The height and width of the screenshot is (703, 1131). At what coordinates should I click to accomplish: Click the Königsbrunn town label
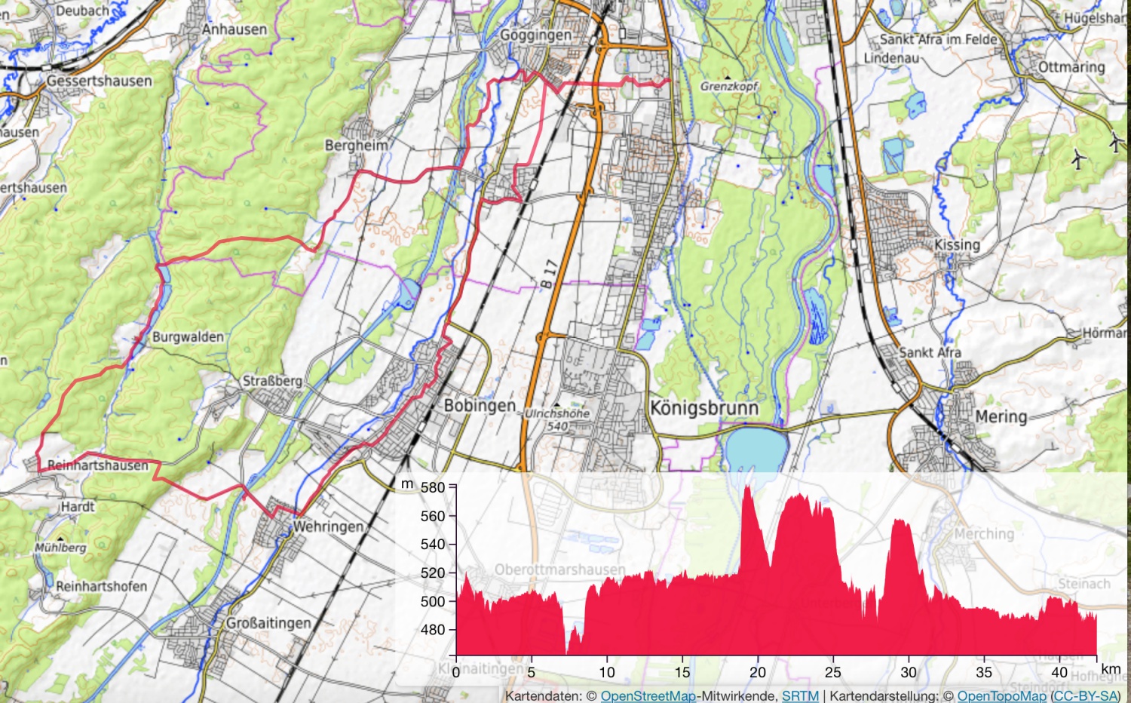click(x=703, y=408)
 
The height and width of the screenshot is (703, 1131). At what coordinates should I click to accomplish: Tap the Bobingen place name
click(x=480, y=406)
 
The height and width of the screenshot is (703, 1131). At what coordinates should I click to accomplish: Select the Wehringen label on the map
click(x=328, y=526)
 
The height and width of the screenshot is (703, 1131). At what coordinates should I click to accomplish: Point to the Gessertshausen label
click(x=99, y=81)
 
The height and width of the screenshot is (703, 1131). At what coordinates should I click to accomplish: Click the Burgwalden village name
click(x=188, y=336)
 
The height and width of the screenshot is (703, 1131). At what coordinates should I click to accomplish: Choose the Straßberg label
click(x=272, y=381)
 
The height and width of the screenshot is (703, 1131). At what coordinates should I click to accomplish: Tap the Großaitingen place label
click(x=268, y=623)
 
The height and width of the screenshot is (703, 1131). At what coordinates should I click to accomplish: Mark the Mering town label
click(x=1001, y=416)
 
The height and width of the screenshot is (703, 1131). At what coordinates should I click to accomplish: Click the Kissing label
click(x=957, y=244)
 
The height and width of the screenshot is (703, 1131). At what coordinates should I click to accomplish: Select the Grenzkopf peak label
click(x=728, y=86)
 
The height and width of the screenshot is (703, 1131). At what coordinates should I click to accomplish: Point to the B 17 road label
click(x=549, y=273)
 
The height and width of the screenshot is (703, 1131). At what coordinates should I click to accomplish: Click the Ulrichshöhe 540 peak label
click(x=558, y=419)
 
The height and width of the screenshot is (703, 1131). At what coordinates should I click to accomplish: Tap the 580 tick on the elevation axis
click(x=433, y=487)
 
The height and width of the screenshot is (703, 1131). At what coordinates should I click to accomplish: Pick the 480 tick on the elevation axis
click(x=433, y=629)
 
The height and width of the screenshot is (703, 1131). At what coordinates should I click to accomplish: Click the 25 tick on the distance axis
click(x=833, y=672)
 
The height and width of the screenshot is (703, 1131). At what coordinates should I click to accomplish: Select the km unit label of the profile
click(x=1111, y=669)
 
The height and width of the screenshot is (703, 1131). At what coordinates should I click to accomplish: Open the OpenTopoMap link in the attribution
click(x=1001, y=695)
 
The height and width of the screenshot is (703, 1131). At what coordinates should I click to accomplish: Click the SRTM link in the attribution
click(x=800, y=695)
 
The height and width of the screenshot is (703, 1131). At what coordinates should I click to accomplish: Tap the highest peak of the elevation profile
click(x=747, y=487)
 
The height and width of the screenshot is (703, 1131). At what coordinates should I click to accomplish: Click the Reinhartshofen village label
click(x=101, y=586)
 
